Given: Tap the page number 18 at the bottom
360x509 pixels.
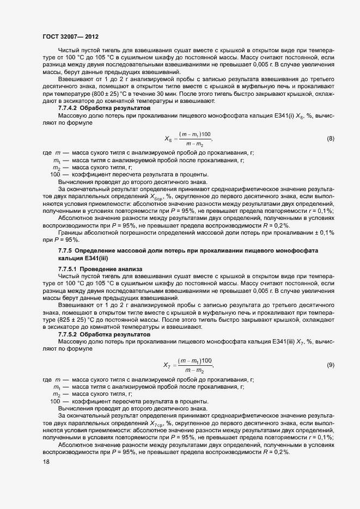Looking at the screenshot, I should [45, 462].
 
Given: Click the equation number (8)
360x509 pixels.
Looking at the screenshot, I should [330, 139].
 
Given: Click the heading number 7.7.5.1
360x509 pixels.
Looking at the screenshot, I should [69, 269].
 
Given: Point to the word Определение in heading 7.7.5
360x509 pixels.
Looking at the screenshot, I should [95, 250].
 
